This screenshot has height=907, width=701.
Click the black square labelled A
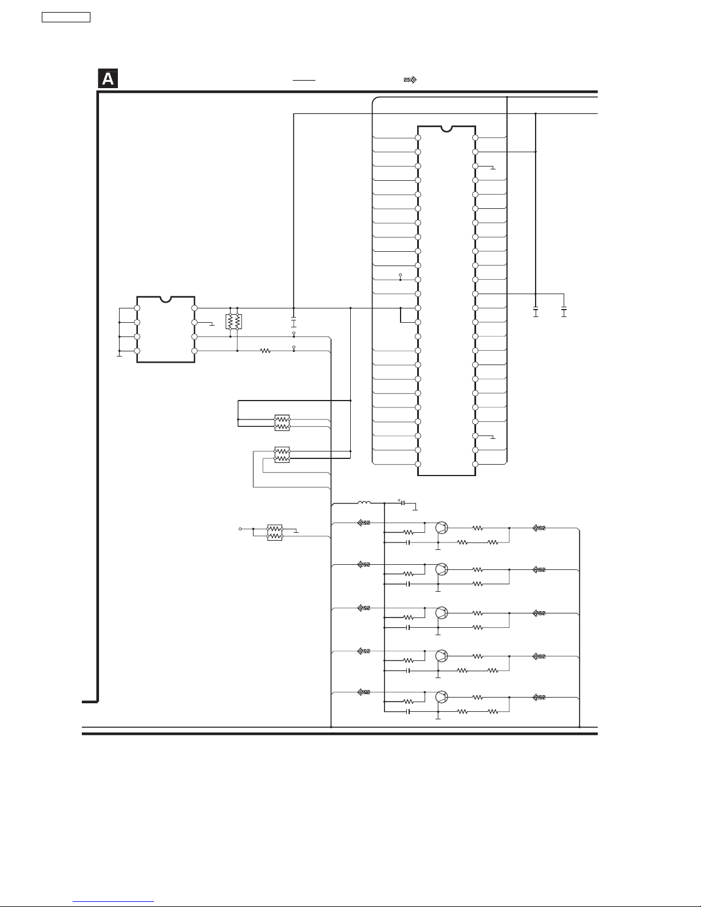(x=108, y=78)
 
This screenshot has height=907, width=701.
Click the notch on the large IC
(x=446, y=129)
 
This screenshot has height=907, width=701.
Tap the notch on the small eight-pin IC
(x=165, y=300)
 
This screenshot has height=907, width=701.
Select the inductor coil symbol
(x=364, y=503)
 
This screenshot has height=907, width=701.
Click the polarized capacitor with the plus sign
(x=403, y=503)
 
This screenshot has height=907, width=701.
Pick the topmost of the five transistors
(x=441, y=528)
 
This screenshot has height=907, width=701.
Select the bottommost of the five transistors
(x=441, y=696)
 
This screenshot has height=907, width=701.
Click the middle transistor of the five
(x=441, y=613)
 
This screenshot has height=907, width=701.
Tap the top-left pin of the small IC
(x=137, y=308)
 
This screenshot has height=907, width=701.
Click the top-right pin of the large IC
(x=475, y=138)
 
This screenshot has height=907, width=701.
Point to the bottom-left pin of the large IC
(x=418, y=464)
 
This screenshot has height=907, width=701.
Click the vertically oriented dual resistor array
(x=233, y=322)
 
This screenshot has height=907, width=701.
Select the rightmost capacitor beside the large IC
(x=564, y=312)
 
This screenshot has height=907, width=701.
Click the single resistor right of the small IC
(x=266, y=351)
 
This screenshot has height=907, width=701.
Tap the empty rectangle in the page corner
(x=66, y=17)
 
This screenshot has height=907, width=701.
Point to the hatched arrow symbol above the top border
(x=410, y=80)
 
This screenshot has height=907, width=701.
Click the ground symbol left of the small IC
(x=120, y=355)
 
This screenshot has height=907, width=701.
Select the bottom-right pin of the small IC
(x=194, y=351)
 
